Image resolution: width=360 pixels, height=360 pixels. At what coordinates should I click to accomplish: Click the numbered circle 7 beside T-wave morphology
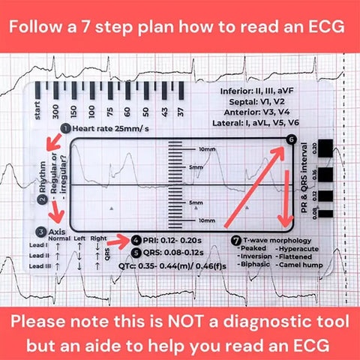pyautogui.click(x=236, y=239)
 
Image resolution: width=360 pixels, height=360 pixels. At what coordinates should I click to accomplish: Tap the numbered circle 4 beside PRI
pyautogui.click(x=135, y=240)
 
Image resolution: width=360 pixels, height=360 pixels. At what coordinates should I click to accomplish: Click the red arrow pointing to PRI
pyautogui.click(x=116, y=241)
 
